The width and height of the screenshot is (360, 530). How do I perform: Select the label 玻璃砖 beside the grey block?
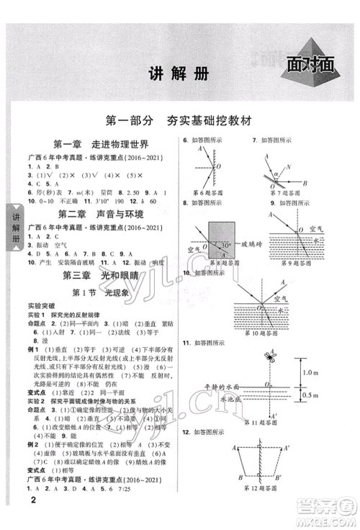255,247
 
